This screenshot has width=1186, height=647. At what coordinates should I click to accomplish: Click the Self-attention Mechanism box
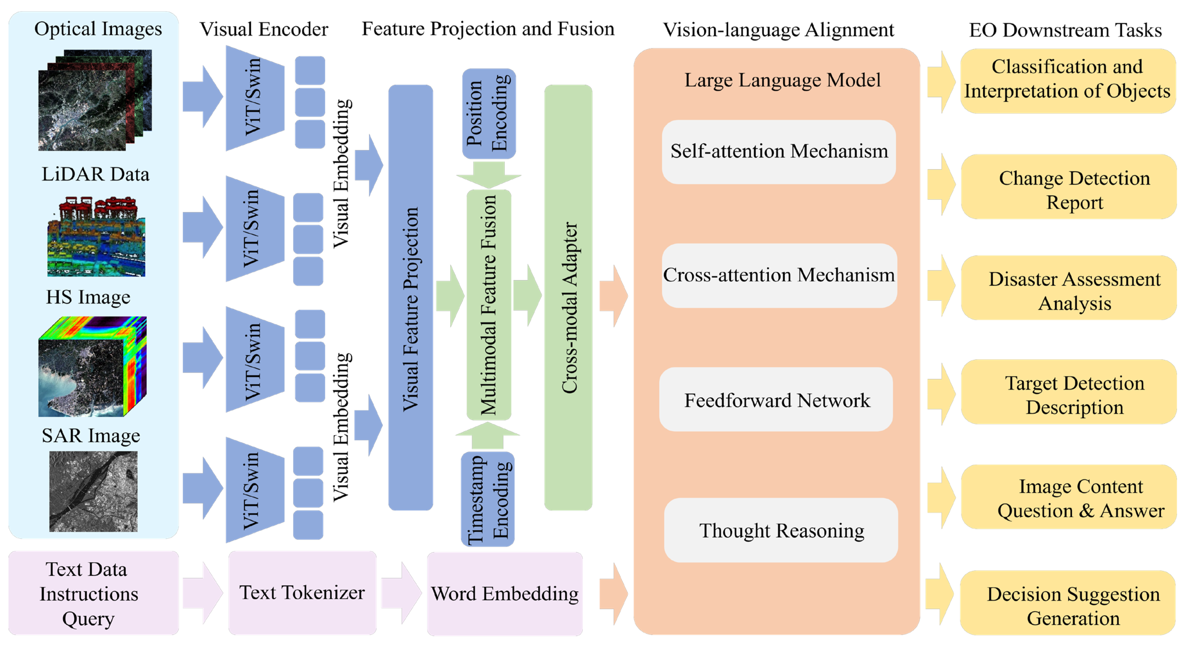click(x=778, y=152)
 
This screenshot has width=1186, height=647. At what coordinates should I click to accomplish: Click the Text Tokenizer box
click(x=302, y=593)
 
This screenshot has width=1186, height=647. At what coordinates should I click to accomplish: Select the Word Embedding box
click(x=505, y=594)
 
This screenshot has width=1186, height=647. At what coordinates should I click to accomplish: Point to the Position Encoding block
click(x=489, y=114)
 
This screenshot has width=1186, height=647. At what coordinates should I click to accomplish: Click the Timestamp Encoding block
click(x=488, y=499)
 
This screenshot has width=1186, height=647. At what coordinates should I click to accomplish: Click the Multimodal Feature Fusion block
click(x=489, y=305)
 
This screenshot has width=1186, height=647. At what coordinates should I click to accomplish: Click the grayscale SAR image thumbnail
click(x=93, y=491)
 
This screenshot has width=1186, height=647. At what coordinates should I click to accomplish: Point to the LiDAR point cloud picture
click(x=96, y=237)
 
